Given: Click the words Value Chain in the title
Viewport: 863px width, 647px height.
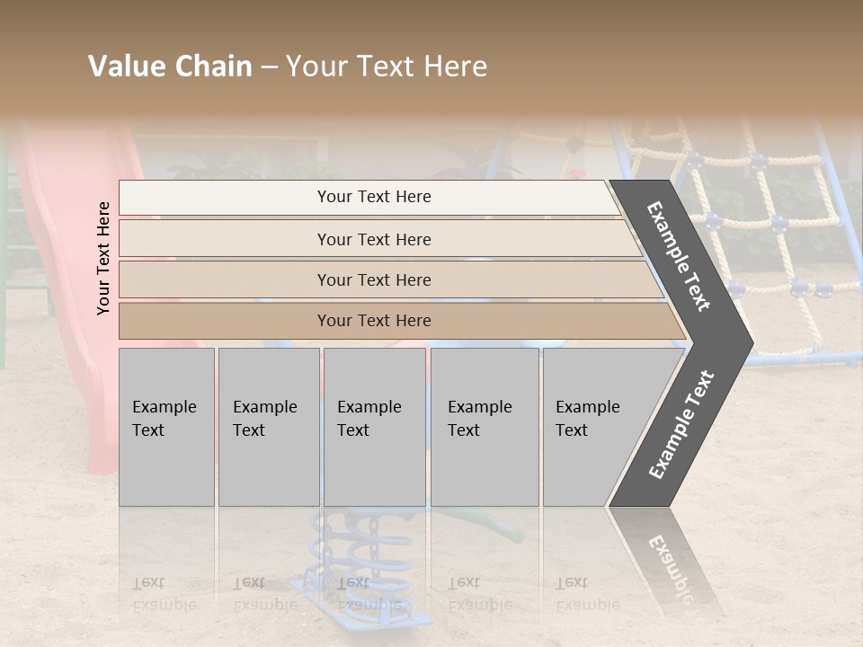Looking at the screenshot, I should coord(170,66).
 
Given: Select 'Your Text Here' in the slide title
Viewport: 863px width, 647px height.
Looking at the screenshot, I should coord(387,66).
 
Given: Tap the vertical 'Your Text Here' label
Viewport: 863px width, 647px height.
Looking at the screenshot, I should coord(103,258).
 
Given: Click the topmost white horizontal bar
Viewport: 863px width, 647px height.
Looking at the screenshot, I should coord(369,197).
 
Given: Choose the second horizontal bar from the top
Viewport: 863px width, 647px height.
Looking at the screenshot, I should coord(378,239).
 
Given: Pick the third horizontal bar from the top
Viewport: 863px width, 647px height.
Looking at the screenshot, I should coord(387,279).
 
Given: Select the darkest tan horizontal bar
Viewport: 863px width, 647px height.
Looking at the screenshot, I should coord(396,321).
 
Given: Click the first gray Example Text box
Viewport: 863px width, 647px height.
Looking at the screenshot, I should coord(166,427).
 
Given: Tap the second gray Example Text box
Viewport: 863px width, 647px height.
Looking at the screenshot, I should coord(268,427).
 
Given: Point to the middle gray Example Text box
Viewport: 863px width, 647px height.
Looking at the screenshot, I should coord(374,427).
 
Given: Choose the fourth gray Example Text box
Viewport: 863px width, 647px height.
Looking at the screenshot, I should coord(484,427).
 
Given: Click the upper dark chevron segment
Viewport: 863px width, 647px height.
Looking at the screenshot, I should coord(688,261).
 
